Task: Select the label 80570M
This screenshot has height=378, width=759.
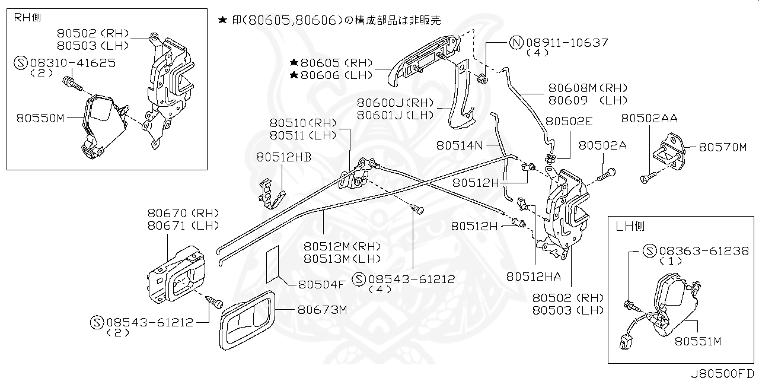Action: [722, 147]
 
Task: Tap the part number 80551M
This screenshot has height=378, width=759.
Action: [697, 341]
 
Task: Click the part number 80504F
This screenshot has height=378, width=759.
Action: [320, 284]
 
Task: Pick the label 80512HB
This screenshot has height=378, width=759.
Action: [283, 157]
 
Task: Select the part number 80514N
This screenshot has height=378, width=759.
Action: [460, 145]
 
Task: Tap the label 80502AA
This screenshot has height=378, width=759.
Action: [649, 119]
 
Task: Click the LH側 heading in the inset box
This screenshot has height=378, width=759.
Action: [630, 226]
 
